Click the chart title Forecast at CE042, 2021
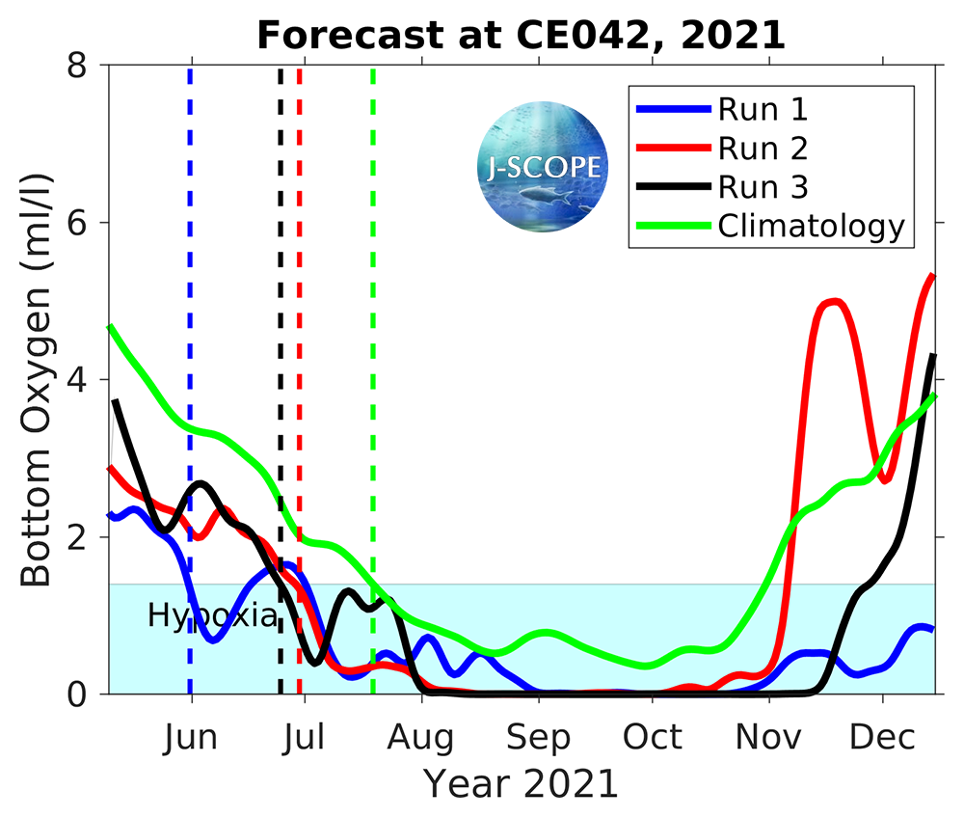(x=521, y=36)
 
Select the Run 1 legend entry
(x=762, y=108)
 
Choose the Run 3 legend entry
(x=762, y=186)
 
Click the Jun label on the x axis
(x=190, y=738)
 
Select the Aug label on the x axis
(x=421, y=738)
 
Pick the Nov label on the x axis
(x=769, y=738)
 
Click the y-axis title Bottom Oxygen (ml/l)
(x=37, y=380)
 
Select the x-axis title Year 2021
(x=521, y=783)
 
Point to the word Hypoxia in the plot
(x=212, y=615)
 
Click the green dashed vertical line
(x=373, y=289)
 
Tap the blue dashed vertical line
(x=190, y=289)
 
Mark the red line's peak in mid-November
(x=833, y=302)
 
